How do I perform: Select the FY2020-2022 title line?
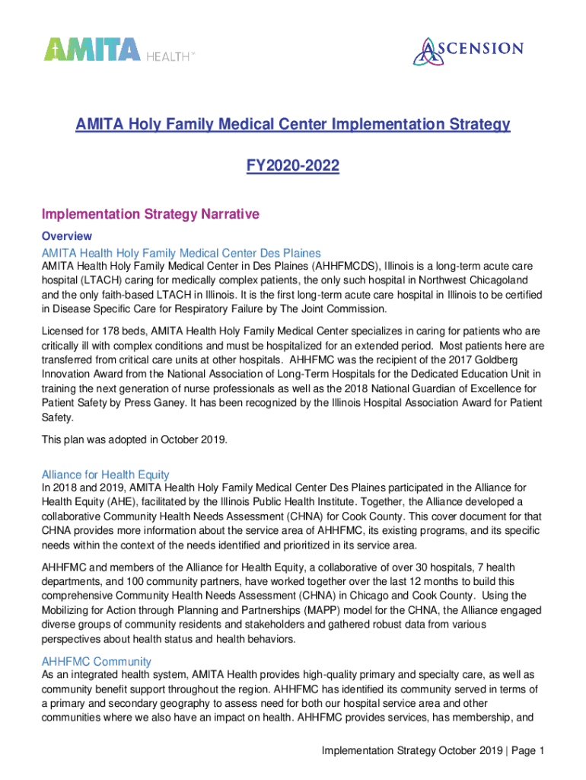(292, 166)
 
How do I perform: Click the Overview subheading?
(67, 236)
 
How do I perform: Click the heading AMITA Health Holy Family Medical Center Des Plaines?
(181, 252)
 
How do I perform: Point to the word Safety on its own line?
(59, 418)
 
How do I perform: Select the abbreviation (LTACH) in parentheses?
(111, 280)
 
